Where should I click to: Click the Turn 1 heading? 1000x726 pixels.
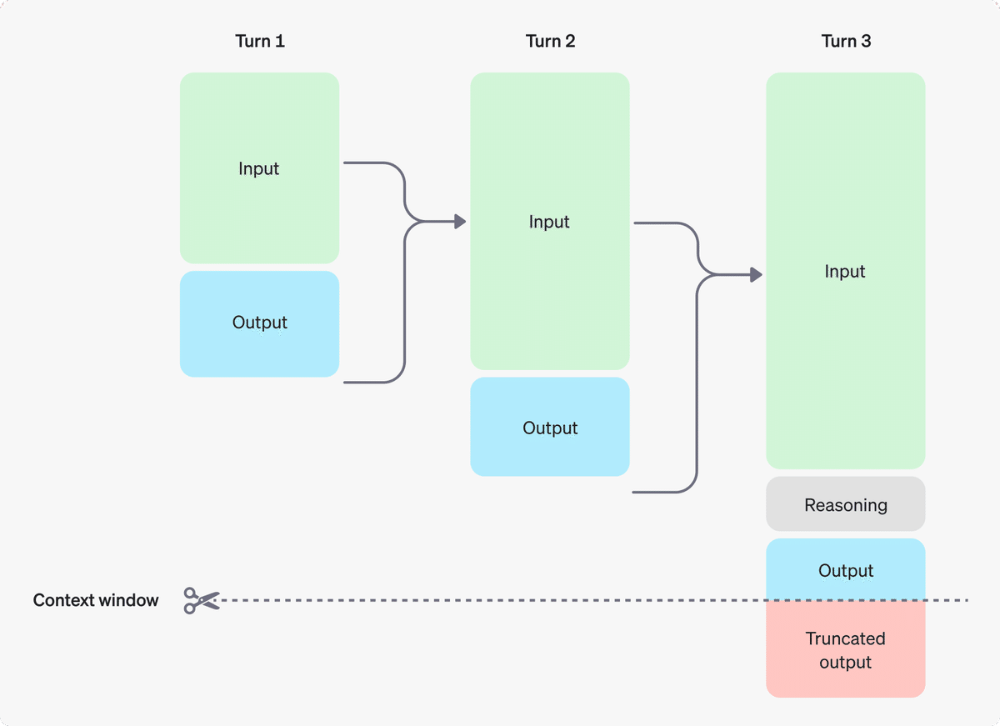260,41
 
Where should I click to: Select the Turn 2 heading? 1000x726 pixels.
550,41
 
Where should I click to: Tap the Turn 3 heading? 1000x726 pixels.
846,41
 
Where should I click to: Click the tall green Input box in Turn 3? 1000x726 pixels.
846,350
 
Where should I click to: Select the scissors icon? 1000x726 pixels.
201,600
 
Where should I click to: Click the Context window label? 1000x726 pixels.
96,600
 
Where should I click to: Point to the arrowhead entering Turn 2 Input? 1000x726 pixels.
459,222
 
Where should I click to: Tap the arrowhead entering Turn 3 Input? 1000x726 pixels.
756,274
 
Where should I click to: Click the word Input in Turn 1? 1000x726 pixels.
259,168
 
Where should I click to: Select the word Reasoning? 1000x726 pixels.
846,505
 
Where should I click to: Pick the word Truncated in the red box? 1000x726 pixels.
846,638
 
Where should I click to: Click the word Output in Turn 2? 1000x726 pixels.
550,428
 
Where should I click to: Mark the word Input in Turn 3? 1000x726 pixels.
845,272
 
